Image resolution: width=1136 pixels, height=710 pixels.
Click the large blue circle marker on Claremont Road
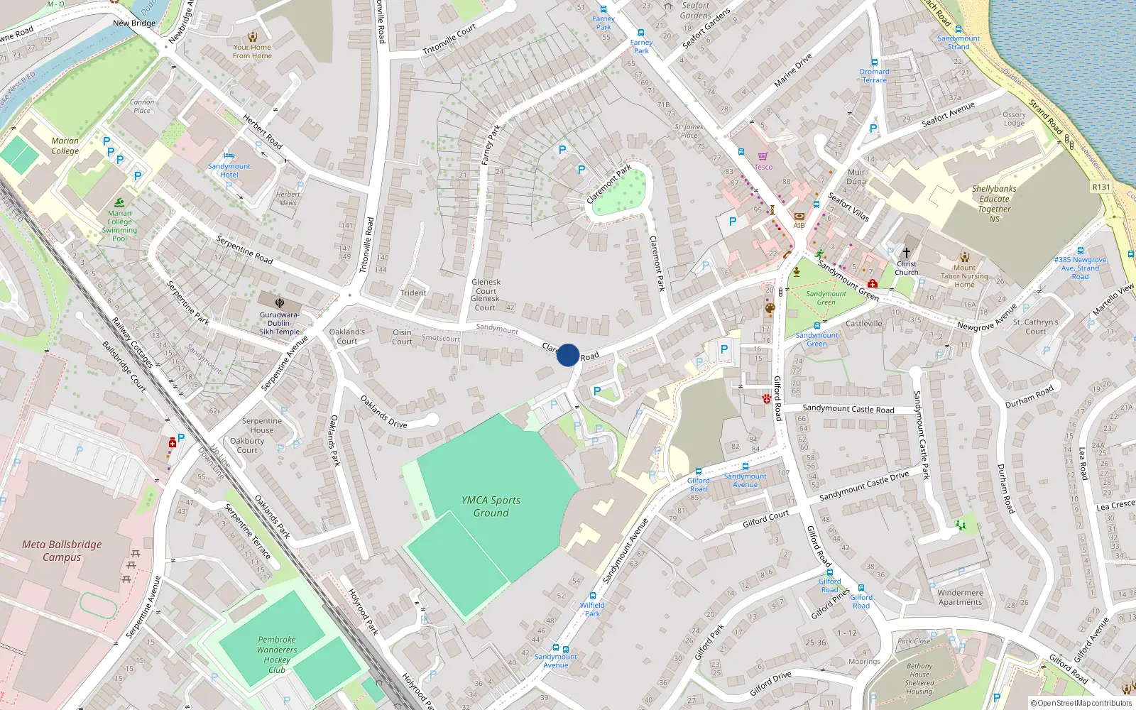coord(568,355)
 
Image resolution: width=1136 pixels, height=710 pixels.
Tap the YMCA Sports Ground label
coord(491,506)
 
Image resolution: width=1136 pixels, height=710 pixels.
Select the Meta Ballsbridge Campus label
coord(62,551)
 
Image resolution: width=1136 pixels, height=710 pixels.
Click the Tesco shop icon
coord(763,157)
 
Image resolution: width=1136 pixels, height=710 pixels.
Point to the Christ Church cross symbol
coord(906,253)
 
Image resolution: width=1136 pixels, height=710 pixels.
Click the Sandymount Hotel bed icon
coord(229,155)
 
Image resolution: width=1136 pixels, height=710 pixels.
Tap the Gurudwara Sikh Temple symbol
coord(279,302)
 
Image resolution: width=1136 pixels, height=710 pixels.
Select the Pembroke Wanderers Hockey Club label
coord(277,655)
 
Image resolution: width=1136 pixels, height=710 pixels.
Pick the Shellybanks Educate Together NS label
coord(994,204)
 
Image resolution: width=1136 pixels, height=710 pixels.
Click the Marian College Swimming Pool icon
coord(119,203)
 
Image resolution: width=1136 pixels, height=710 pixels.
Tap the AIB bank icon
coord(799,216)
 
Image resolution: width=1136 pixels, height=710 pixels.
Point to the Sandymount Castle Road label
coord(848,409)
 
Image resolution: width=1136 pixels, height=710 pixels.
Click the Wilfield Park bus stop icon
coord(593,596)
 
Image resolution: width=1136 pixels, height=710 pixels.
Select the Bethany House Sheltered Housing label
coord(919,679)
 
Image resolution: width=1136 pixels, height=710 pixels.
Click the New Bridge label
coord(134,23)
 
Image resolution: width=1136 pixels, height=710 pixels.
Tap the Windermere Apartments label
coord(960,597)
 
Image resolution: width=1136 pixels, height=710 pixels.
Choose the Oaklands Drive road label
coord(383,412)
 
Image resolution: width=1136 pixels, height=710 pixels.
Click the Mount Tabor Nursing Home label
coord(964,276)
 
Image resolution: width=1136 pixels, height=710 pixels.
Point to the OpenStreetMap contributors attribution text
coord(1081,704)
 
